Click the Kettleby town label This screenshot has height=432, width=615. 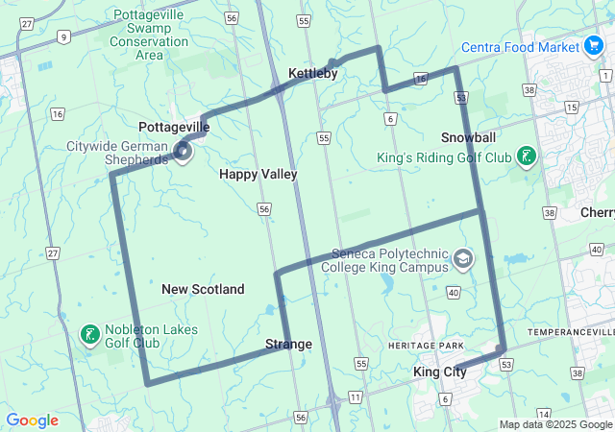[x=313, y=73]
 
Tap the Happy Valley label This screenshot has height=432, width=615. [x=258, y=174]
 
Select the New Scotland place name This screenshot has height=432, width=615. [x=203, y=289]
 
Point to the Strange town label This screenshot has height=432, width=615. [x=288, y=344]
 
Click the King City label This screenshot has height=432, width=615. [x=439, y=372]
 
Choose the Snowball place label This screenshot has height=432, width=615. [x=469, y=137]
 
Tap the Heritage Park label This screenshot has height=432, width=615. [x=426, y=346]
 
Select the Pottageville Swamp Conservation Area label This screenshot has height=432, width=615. [x=150, y=35]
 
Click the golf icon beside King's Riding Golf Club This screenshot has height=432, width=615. [x=527, y=156]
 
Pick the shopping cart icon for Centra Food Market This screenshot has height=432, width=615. [x=594, y=46]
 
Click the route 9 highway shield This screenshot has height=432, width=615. [x=63, y=36]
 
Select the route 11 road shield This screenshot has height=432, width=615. [x=356, y=396]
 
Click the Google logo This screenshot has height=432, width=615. [x=33, y=420]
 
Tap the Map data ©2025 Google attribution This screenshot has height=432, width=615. [x=556, y=424]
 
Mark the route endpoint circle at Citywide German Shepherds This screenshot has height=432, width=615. [x=184, y=151]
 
